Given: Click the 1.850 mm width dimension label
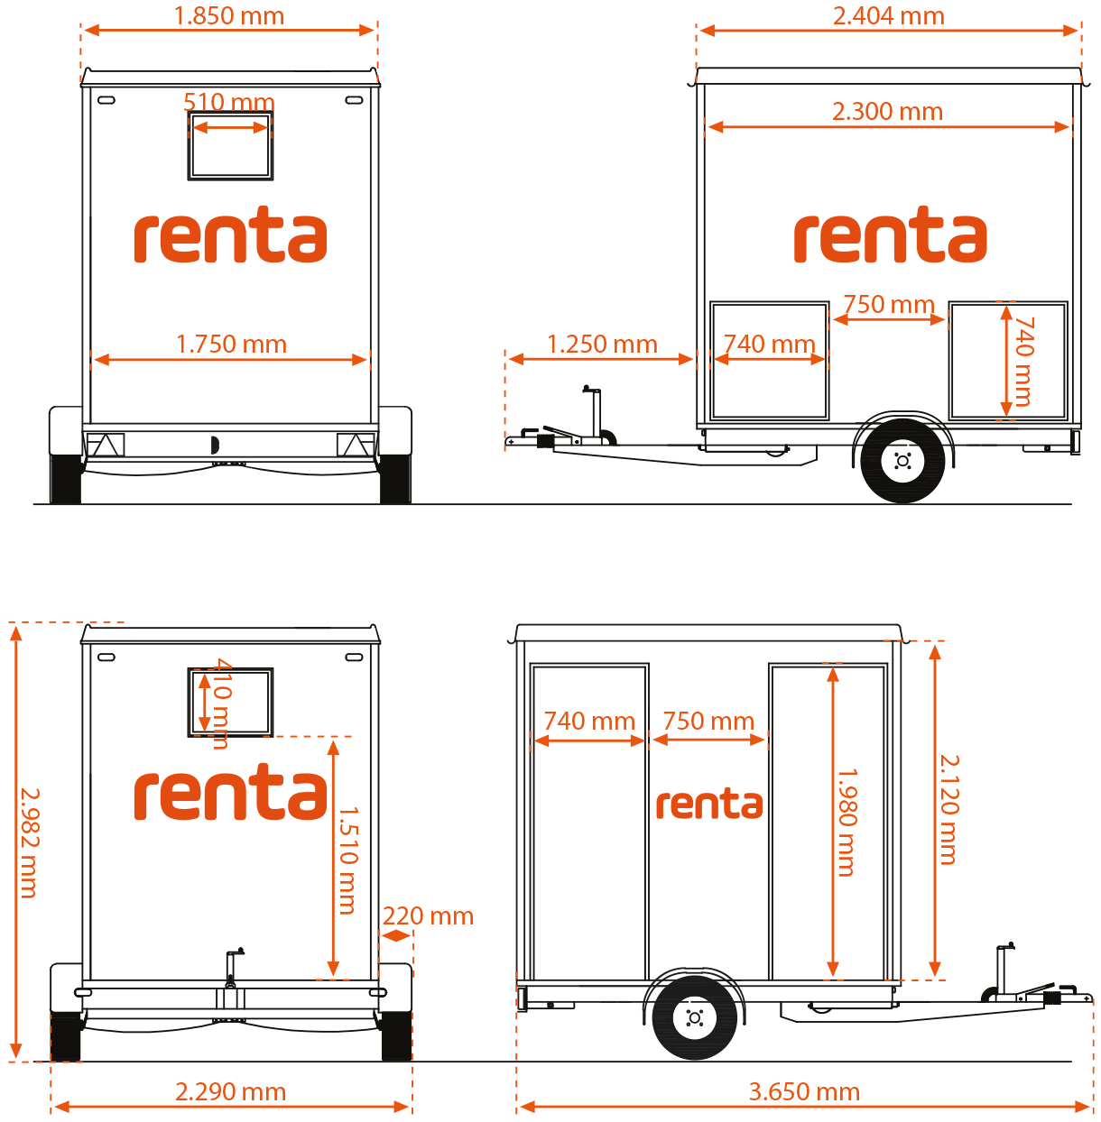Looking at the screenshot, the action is point(229,15).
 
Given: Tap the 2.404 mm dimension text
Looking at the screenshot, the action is point(888,15).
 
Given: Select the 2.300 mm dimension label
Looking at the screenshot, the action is point(887,111).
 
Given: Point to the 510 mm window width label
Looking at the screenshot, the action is point(229,102).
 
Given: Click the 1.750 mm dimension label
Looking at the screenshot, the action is point(231,345).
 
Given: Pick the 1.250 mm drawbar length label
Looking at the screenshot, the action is point(602,345).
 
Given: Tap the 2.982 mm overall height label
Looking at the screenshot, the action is point(29,843).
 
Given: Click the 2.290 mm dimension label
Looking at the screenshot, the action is point(231,1091).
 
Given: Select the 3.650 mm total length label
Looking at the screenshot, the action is point(804,1091).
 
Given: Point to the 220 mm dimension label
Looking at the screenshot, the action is point(428,915).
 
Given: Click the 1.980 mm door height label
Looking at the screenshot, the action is point(847,823).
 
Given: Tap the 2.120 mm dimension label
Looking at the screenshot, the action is point(948,809).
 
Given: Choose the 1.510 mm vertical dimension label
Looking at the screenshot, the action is point(348,860).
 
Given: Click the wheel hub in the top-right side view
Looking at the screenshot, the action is point(902,461).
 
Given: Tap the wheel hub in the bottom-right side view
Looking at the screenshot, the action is point(694,1017).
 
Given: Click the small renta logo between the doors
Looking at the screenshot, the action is point(709,804).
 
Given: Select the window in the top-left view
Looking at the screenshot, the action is point(230,145).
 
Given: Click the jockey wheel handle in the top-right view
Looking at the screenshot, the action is point(592,389).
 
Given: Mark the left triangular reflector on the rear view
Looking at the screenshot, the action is point(105,446).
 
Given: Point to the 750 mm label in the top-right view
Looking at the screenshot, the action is point(889,305).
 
